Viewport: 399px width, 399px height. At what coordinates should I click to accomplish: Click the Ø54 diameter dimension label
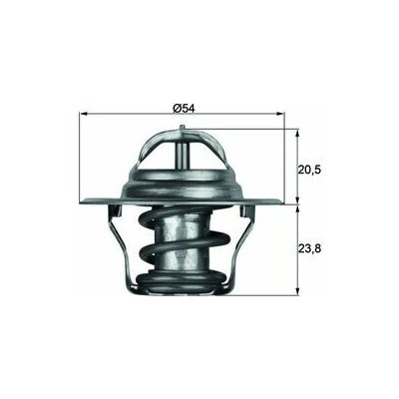click(x=187, y=106)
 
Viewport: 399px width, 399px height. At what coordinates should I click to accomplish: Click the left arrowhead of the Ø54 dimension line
click(x=81, y=115)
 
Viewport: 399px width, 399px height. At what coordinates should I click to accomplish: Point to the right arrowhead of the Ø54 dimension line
click(x=294, y=115)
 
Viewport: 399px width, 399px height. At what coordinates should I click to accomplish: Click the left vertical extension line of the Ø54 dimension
click(x=78, y=160)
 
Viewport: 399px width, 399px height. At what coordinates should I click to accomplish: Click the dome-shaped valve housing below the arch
click(x=187, y=185)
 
